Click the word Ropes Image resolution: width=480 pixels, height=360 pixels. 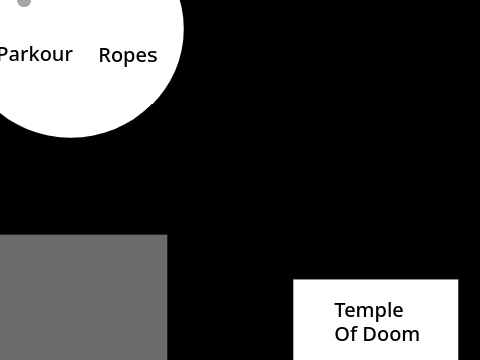coord(128,56)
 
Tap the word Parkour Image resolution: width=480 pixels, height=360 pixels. coord(36,54)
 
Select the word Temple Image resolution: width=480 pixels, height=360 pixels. coord(369,311)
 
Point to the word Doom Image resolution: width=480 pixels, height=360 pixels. coord(391,334)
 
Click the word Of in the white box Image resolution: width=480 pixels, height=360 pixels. coord(346,334)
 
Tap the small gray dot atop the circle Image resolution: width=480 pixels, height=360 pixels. coord(24,3)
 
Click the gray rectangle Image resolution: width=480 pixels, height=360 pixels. coord(83,297)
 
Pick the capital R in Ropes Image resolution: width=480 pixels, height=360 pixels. coord(105,55)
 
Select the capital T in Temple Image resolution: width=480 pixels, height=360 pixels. coord(340,310)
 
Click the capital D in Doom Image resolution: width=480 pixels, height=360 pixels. coord(370,334)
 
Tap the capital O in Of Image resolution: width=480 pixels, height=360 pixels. coord(341,334)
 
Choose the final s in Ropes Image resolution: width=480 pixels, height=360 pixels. coord(152,57)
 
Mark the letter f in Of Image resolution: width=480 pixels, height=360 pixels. coord(354,333)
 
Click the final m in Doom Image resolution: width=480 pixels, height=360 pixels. coord(411,336)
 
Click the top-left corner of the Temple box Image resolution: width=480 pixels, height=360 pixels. coord(293,280)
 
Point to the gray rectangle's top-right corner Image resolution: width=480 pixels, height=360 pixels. coord(167,235)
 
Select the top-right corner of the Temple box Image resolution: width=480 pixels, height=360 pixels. coord(458,280)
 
